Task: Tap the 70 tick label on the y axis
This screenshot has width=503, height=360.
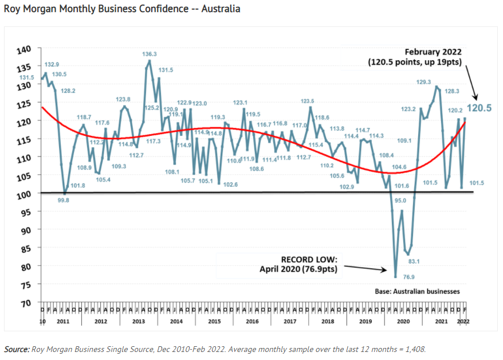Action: pyautogui.click(x=26, y=303)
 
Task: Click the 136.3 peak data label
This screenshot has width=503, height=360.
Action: pyautogui.click(x=150, y=54)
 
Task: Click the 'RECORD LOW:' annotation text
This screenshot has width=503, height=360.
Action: pyautogui.click(x=304, y=259)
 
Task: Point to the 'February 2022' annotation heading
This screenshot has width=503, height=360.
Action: pyautogui.click(x=433, y=52)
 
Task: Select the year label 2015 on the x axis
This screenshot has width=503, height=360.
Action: pyautogui.click(x=214, y=321)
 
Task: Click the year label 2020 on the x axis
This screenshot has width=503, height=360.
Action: pyautogui.click(x=403, y=321)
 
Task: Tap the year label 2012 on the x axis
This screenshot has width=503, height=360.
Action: pyautogui.click(x=101, y=321)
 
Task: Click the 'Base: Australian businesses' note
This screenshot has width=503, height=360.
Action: pyautogui.click(x=417, y=291)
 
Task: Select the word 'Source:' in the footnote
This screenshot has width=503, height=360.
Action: pyautogui.click(x=16, y=349)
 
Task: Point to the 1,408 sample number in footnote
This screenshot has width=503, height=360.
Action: pyautogui.click(x=415, y=349)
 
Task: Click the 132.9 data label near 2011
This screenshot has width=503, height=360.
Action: pyautogui.click(x=52, y=64)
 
